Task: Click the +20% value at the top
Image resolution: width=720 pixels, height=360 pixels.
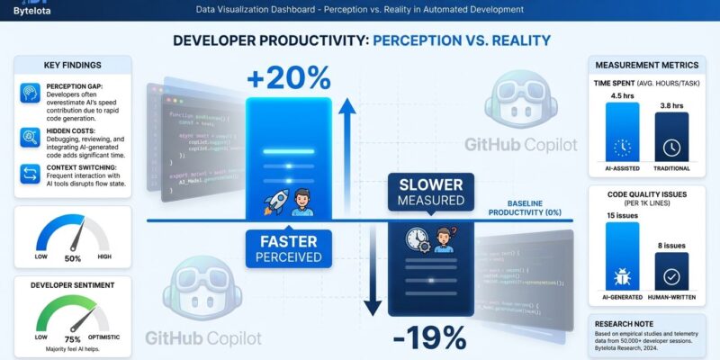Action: click(x=294, y=78)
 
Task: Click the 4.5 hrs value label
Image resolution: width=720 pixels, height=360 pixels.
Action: click(x=622, y=93)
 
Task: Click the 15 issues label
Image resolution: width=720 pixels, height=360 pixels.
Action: click(x=622, y=216)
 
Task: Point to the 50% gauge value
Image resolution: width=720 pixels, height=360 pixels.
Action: click(x=72, y=258)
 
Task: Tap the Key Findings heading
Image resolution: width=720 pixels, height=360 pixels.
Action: click(x=72, y=65)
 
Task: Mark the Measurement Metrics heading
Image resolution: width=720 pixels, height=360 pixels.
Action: click(x=645, y=65)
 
